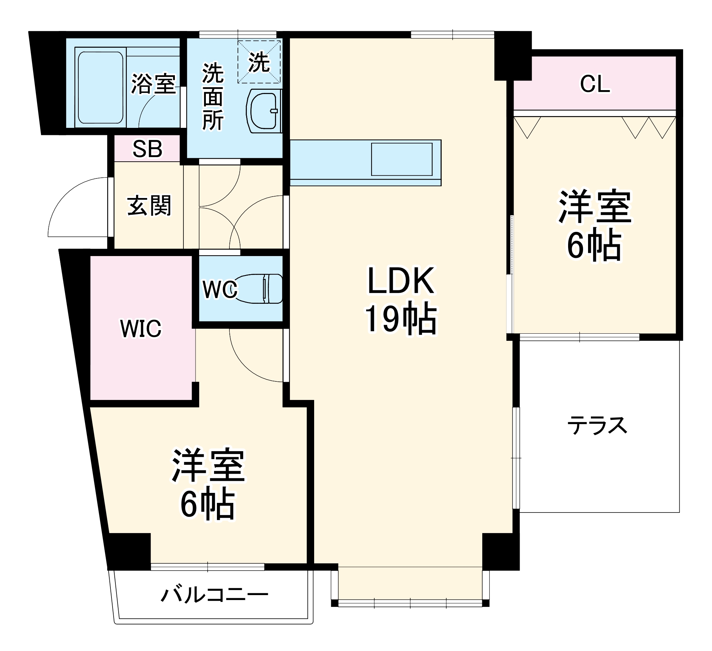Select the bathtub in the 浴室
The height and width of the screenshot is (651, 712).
click(100, 88)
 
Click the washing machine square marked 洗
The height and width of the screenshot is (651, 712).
click(259, 62)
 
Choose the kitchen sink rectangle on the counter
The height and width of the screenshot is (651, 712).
click(401, 159)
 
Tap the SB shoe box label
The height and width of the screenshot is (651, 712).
click(147, 149)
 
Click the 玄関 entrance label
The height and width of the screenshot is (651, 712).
click(149, 206)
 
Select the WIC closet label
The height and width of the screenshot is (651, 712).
click(141, 328)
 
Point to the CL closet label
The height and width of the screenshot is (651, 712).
click(595, 85)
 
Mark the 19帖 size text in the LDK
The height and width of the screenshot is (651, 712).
click(401, 319)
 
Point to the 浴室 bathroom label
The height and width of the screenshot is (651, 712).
click(154, 84)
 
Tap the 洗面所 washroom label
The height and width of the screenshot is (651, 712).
click(213, 97)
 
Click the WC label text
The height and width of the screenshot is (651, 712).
click(220, 289)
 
